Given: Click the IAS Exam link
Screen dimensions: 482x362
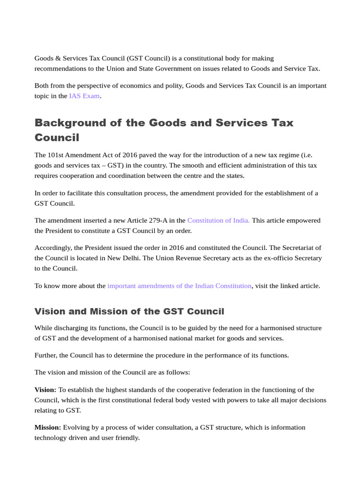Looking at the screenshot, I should tap(84, 96).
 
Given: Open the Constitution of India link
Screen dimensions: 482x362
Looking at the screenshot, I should tap(218, 220).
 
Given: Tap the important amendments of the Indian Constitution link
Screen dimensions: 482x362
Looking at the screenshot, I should tap(179, 286).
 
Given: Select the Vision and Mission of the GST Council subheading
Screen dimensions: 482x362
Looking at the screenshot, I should tap(129, 312).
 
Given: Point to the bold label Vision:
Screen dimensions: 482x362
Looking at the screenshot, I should tap(45, 390).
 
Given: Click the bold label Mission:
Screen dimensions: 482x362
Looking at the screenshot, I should tap(48, 427).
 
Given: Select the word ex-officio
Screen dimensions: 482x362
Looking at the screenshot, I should tap(260, 258).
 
